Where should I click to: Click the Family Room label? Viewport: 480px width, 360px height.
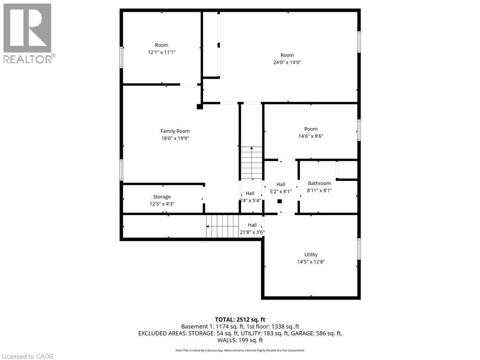coord(175,131)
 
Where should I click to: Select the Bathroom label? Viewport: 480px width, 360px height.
coord(319,183)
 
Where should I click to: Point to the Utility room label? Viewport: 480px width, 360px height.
coord(311,255)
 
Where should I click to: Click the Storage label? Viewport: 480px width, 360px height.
coord(162,197)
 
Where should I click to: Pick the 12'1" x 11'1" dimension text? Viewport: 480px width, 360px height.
coord(161,52)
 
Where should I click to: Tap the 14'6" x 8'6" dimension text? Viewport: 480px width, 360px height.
coord(310,136)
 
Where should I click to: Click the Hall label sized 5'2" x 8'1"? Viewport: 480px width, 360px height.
coord(281,184)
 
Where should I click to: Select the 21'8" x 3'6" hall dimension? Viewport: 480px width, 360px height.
coord(252,232)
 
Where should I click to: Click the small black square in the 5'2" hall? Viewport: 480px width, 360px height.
coord(280,202)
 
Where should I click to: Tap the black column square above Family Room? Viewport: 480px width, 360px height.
coord(200,107)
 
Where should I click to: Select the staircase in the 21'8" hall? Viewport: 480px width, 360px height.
coord(223,226)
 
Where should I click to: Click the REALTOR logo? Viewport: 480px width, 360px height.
coord(28,33)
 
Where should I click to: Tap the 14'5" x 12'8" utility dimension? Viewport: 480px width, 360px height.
coord(311,262)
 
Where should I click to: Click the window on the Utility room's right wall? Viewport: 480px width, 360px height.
coord(359,249)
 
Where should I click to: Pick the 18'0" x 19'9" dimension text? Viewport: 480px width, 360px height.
coord(175,138)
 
